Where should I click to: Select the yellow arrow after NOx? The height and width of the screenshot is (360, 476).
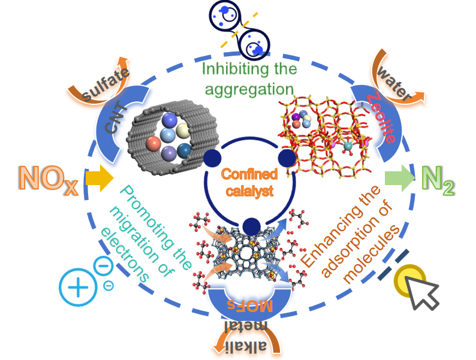(100, 179)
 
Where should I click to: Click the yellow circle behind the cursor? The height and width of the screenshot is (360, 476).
(409, 279)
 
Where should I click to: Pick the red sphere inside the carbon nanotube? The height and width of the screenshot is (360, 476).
(152, 144)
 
